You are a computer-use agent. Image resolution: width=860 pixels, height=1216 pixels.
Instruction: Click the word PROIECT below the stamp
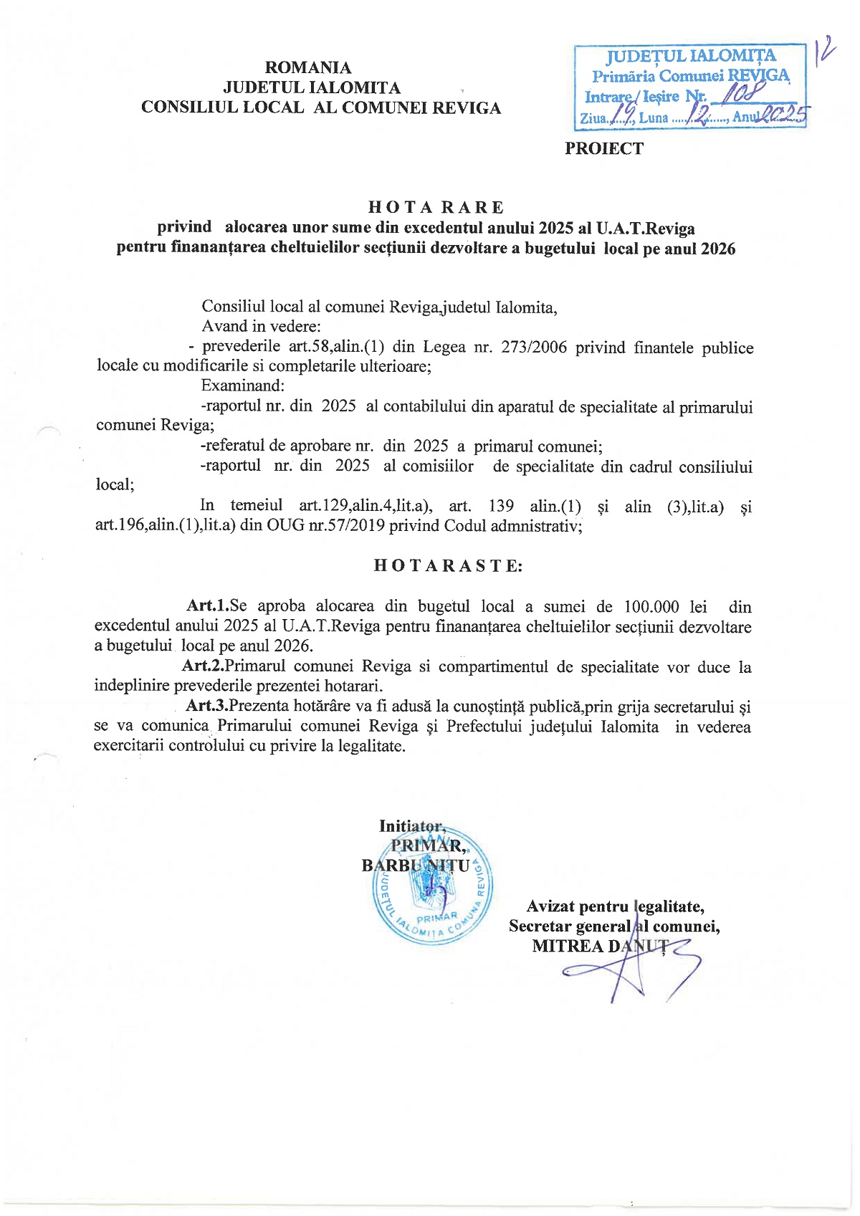(x=603, y=148)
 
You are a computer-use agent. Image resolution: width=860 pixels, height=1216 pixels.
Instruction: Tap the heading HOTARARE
(x=436, y=207)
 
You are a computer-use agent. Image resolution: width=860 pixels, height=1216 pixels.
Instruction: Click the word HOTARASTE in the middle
(x=448, y=565)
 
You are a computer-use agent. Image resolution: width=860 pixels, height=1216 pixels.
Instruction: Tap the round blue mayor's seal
(x=432, y=889)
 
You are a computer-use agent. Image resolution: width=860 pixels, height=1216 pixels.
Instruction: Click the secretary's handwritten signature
(x=631, y=967)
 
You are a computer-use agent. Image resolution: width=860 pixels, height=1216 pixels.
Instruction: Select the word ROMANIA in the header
(x=308, y=67)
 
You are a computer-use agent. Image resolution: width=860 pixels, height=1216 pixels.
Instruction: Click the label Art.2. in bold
(x=203, y=666)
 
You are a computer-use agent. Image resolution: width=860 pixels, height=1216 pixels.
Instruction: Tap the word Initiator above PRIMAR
(x=411, y=826)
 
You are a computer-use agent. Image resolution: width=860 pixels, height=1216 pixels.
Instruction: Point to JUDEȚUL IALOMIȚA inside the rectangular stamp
(x=691, y=56)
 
